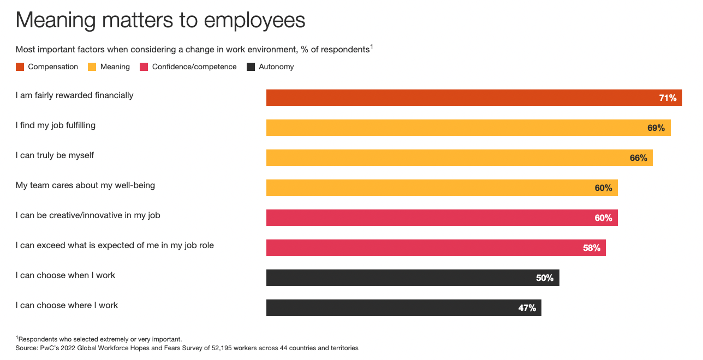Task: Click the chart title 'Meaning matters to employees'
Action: (160, 21)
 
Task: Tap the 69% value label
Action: (656, 128)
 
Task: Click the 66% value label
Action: (638, 158)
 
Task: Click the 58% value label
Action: (591, 248)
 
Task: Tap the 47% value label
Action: (527, 308)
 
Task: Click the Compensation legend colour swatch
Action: (20, 67)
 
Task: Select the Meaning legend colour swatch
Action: (92, 67)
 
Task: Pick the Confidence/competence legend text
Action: (194, 67)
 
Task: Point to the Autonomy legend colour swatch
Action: (251, 67)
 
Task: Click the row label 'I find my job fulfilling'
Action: (56, 125)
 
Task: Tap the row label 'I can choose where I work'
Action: (67, 305)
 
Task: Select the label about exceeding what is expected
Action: (115, 245)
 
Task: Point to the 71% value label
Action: (668, 98)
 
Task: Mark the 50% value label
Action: (544, 278)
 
